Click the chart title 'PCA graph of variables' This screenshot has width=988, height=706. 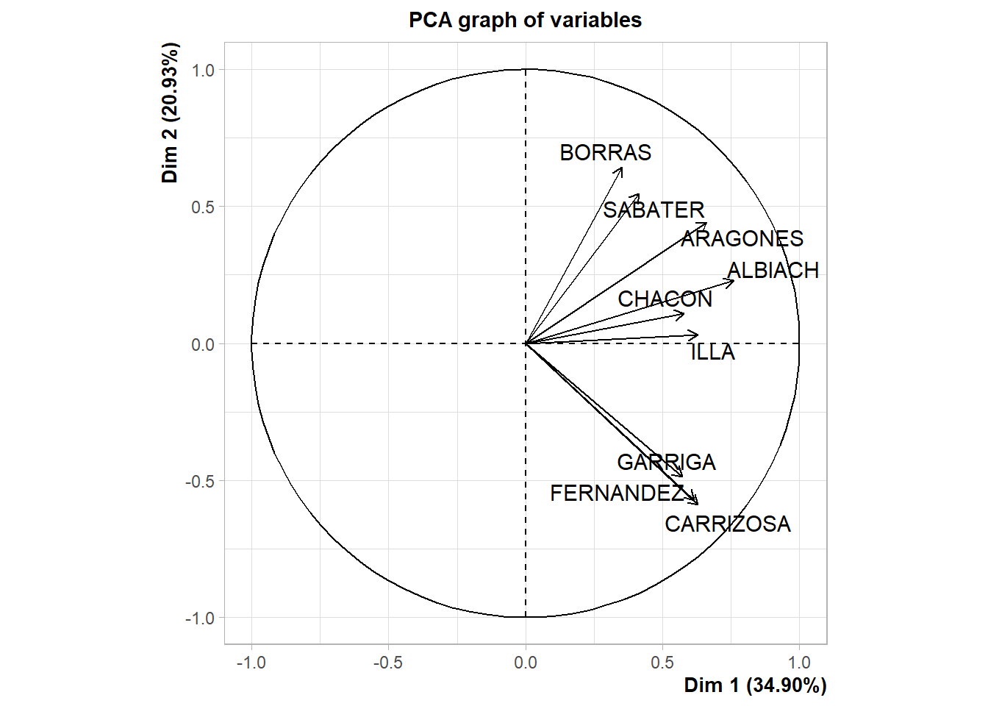pyautogui.click(x=525, y=20)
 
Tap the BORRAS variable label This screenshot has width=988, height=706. pyautogui.click(x=605, y=152)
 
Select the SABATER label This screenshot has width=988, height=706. pyautogui.click(x=654, y=210)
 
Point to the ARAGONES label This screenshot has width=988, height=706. pyautogui.click(x=742, y=238)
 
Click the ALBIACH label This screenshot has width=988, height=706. pyautogui.click(x=773, y=270)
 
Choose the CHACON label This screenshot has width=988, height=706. pyautogui.click(x=665, y=299)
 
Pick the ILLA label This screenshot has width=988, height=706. pyautogui.click(x=712, y=352)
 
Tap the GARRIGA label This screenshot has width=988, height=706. pyautogui.click(x=666, y=462)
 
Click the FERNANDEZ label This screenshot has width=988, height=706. pyautogui.click(x=617, y=493)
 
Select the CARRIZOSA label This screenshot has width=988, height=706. pyautogui.click(x=728, y=524)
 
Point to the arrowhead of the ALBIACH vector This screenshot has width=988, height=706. pyautogui.click(x=732, y=281)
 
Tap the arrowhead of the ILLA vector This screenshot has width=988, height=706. pyautogui.click(x=696, y=335)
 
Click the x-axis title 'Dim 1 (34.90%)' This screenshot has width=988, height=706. pyautogui.click(x=755, y=685)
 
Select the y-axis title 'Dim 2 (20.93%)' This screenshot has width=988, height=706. pyautogui.click(x=171, y=113)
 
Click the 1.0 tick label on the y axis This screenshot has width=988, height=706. pyautogui.click(x=203, y=70)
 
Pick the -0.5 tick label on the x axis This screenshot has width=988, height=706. pyautogui.click(x=387, y=663)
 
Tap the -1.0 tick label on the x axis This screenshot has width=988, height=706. pyautogui.click(x=251, y=663)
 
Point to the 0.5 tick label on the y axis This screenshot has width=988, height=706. pyautogui.click(x=203, y=207)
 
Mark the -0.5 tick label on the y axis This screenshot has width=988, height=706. pyautogui.click(x=200, y=481)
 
